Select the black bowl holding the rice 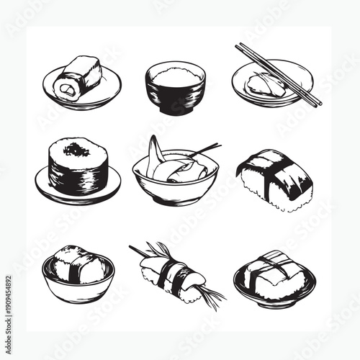tap(175, 99)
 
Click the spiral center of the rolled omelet tap(68, 89)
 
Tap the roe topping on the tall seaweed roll tap(76, 150)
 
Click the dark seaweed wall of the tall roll tap(78, 173)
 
